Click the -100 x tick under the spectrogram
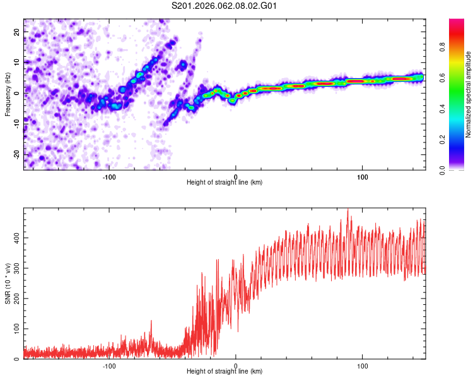click(109, 177)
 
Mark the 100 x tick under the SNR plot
click(363, 366)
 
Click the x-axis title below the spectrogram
click(225, 183)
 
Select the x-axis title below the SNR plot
click(225, 372)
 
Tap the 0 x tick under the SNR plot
click(236, 366)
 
